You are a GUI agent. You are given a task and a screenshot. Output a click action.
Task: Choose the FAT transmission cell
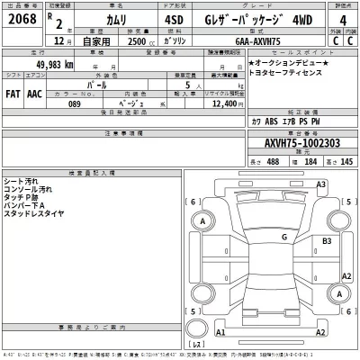pos(13,92)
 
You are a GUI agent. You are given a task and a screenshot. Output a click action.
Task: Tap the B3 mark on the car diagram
pos(328,241)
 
